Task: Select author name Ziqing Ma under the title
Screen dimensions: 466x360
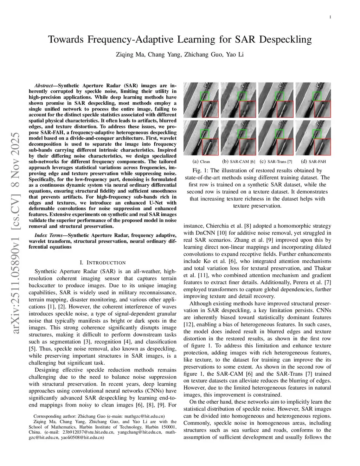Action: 130,55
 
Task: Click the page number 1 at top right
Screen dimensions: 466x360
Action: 330,17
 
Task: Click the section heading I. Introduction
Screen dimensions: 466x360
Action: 103,262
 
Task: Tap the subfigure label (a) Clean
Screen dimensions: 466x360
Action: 201,161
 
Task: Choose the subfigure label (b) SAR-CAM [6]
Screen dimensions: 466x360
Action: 238,161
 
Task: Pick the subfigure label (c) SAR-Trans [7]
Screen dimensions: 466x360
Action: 276,161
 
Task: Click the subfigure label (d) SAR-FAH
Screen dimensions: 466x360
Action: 313,161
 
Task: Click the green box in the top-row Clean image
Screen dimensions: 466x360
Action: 205,96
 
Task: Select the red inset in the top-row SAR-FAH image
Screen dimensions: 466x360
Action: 322,109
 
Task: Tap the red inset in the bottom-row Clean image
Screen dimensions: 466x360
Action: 210,147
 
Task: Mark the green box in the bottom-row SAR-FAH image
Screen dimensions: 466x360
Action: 317,134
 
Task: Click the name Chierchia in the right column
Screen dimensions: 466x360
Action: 217,226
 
